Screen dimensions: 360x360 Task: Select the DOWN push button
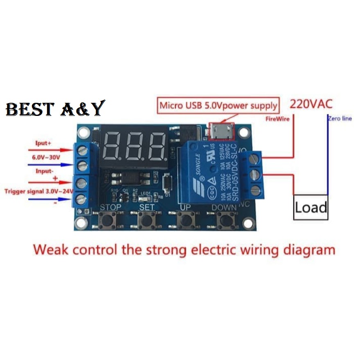point(224,221)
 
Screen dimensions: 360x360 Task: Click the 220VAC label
point(311,104)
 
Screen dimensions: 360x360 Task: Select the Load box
point(311,208)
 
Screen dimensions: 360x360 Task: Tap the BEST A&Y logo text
point(55,109)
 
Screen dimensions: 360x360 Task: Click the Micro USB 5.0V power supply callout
point(218,105)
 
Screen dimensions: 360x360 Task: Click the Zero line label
point(340,119)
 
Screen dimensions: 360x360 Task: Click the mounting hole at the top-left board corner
point(84,132)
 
